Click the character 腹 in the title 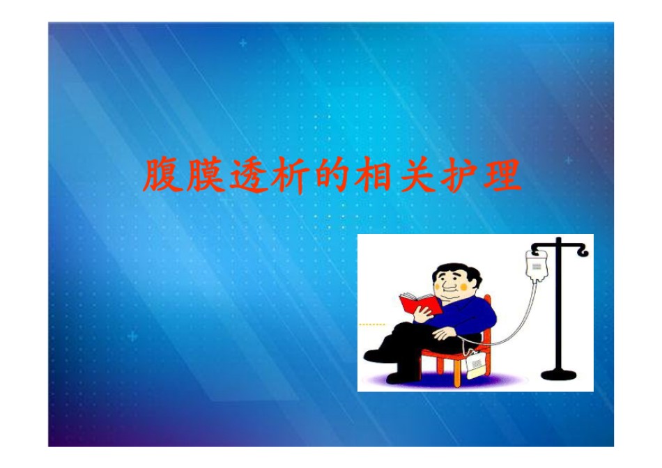click(x=161, y=175)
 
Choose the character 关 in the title click(x=416, y=175)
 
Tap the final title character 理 click(x=502, y=175)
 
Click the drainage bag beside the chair click(x=476, y=363)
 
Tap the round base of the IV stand click(x=559, y=374)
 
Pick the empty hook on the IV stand click(x=583, y=251)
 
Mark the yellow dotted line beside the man click(x=371, y=325)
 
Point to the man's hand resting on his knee click(x=444, y=334)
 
